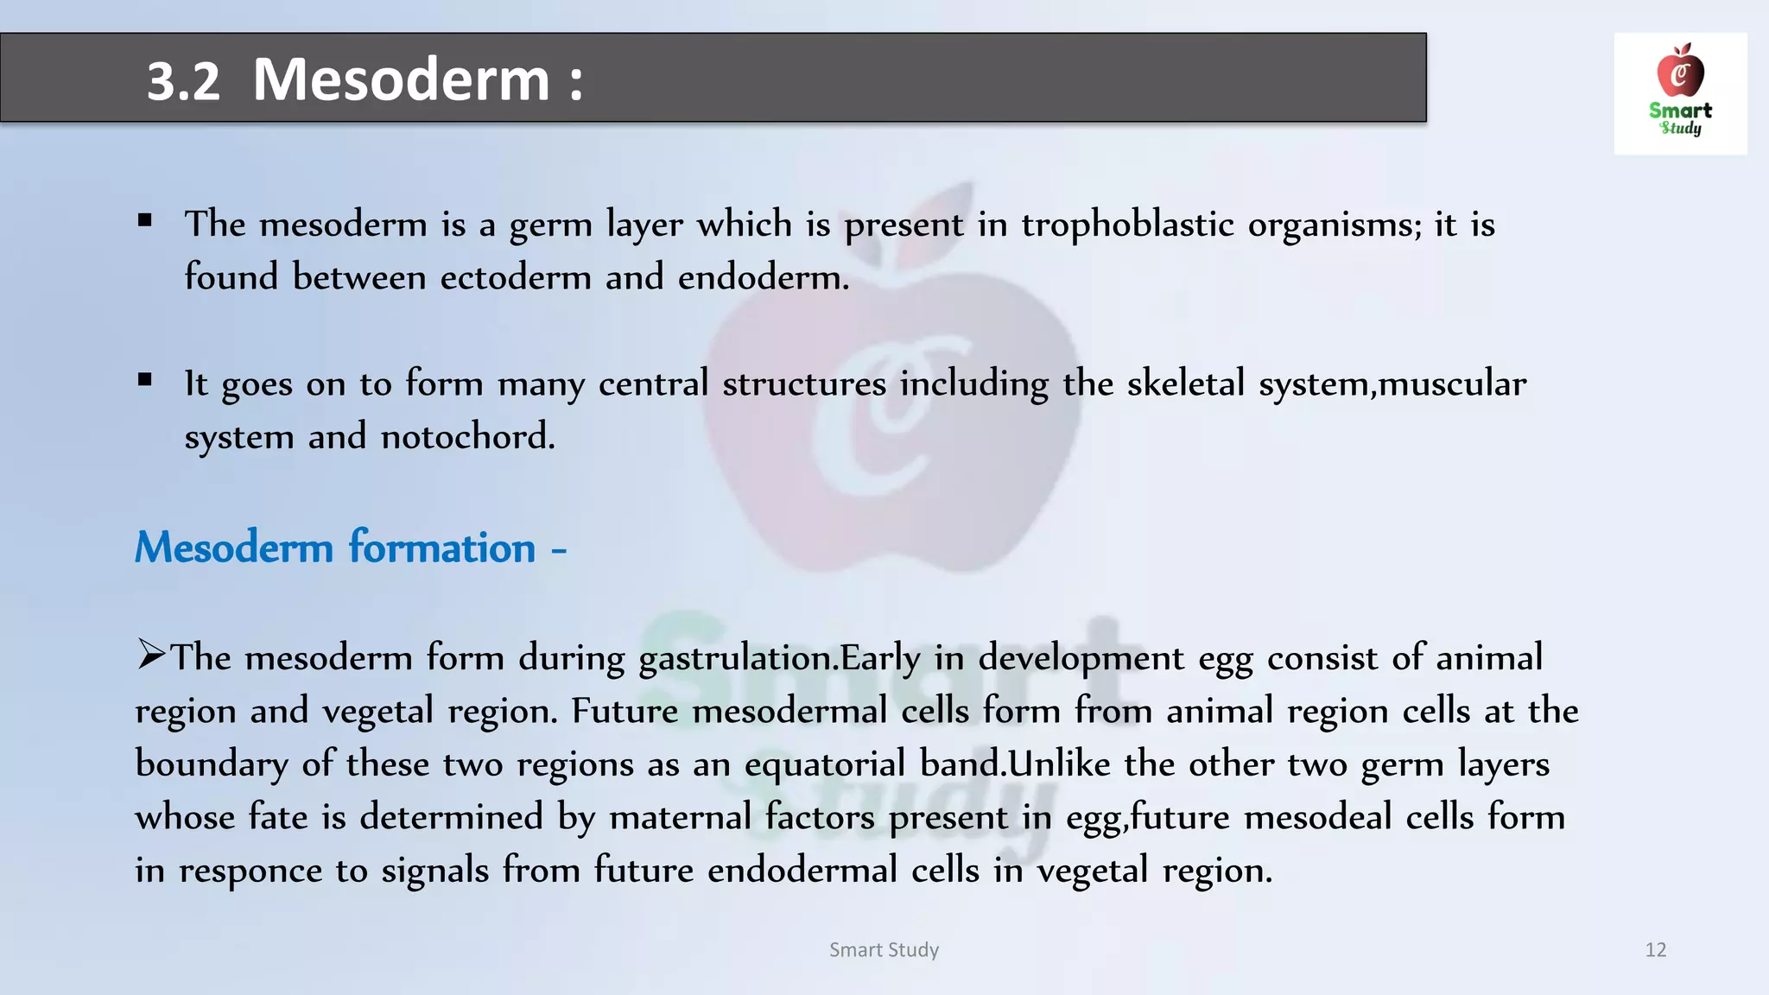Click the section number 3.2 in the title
(183, 81)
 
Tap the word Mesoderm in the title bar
(401, 79)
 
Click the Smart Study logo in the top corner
(1679, 93)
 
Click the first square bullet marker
(145, 221)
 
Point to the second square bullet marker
(145, 380)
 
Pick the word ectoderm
(515, 278)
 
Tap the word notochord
(466, 437)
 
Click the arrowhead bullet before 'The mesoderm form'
(151, 655)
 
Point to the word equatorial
(824, 764)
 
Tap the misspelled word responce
(250, 871)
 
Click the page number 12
(1655, 950)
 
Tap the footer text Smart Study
(884, 950)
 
